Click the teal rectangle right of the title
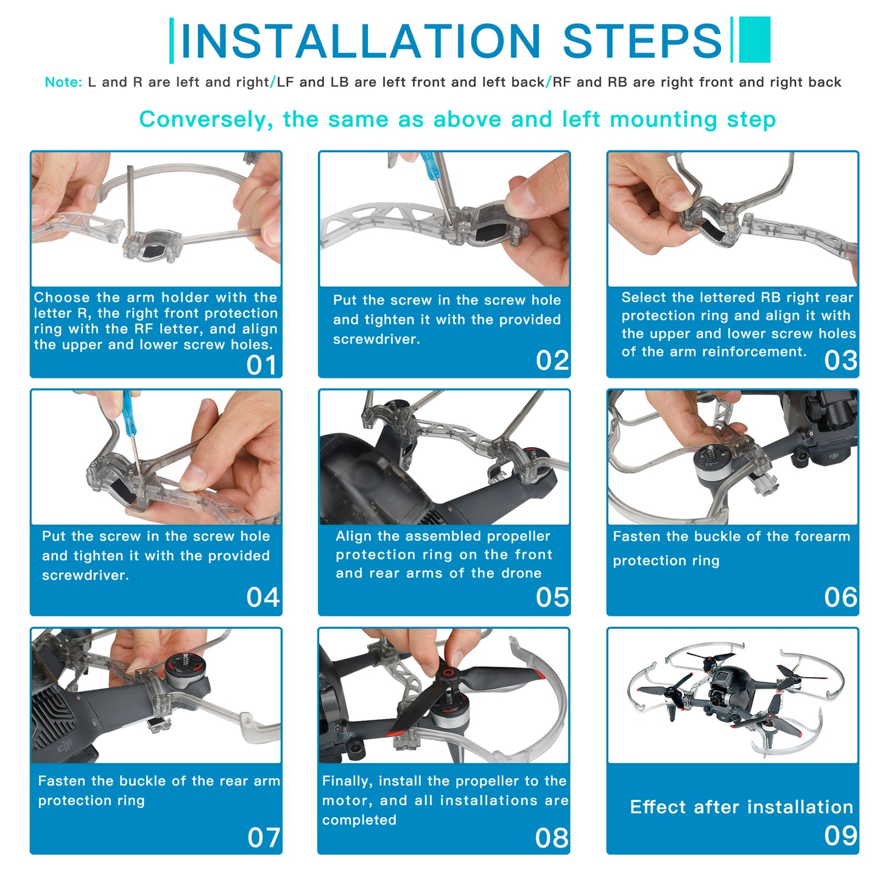coord(755,40)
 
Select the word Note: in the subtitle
coord(63,82)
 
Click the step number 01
coord(262,365)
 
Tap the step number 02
coord(552,361)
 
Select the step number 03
coord(840,361)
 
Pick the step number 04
coord(262,597)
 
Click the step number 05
coord(552,597)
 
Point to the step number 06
coord(840,597)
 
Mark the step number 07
coord(263,837)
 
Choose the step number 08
coord(551,838)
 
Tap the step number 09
coord(840,836)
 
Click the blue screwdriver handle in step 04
coord(128,414)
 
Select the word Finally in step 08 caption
coord(346,781)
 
